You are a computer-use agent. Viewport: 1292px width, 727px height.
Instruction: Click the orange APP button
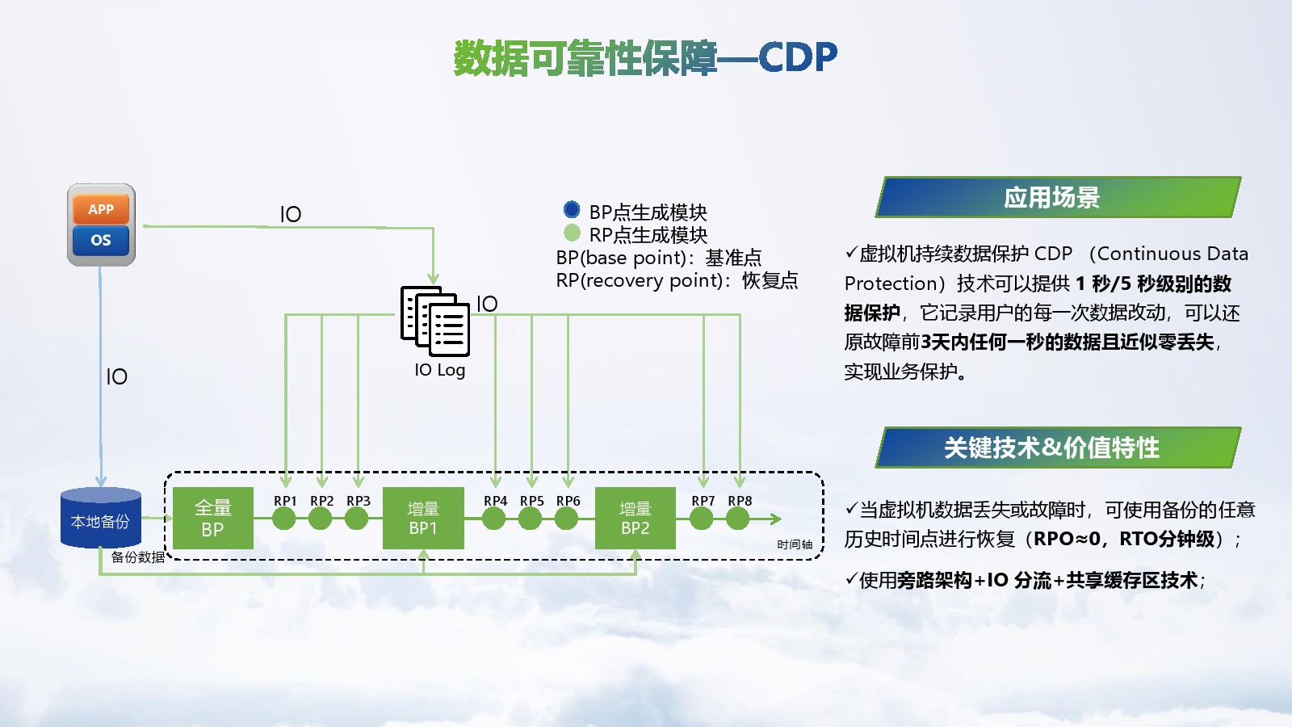click(101, 209)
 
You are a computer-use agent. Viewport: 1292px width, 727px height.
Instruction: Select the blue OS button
click(101, 240)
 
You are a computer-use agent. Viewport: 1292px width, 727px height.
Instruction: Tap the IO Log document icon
click(435, 321)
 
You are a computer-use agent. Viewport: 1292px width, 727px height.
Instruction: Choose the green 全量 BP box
click(213, 518)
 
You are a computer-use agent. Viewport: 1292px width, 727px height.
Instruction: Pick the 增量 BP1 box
click(423, 518)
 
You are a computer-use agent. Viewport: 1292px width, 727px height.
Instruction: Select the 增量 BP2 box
click(635, 518)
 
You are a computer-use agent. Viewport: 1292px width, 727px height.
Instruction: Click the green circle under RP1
click(284, 519)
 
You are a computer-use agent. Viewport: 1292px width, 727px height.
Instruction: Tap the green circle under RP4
click(494, 519)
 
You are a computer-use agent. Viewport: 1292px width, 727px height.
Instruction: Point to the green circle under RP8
click(738, 519)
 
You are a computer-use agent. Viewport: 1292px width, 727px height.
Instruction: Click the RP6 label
click(568, 501)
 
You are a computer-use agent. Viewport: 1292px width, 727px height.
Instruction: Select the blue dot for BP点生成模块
click(572, 210)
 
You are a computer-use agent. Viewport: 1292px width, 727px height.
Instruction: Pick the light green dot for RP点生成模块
click(572, 233)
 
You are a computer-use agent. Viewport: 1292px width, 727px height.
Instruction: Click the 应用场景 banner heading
click(1051, 197)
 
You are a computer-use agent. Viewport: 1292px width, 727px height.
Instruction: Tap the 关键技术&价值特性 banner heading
click(1051, 448)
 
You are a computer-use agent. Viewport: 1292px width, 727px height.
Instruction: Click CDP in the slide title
click(798, 57)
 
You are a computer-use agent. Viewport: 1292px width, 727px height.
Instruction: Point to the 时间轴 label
click(795, 544)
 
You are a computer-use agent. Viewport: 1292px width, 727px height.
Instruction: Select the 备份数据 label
click(138, 557)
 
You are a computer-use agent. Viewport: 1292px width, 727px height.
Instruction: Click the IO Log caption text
click(440, 370)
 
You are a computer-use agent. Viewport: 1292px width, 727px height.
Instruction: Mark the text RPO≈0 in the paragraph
click(1066, 539)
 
